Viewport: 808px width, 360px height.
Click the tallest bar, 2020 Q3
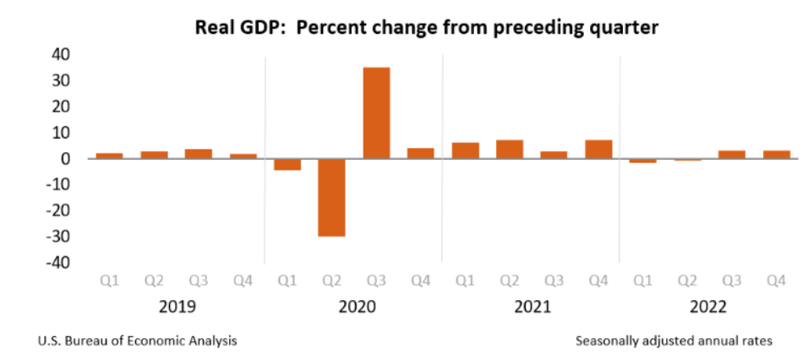point(376,112)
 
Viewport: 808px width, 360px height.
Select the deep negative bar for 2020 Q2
point(331,197)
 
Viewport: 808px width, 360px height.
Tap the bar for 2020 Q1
point(287,164)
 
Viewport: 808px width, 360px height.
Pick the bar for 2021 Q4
point(598,149)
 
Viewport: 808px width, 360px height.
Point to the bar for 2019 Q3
point(199,153)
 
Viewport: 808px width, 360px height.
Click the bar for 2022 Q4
point(776,154)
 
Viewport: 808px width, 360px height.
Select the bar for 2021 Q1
point(465,150)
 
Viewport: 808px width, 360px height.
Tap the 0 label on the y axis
point(64,159)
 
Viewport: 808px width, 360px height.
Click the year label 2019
point(176,307)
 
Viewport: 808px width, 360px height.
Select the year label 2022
point(708,307)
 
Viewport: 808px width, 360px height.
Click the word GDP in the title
point(254,27)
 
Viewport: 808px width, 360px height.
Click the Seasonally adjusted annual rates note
point(674,341)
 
